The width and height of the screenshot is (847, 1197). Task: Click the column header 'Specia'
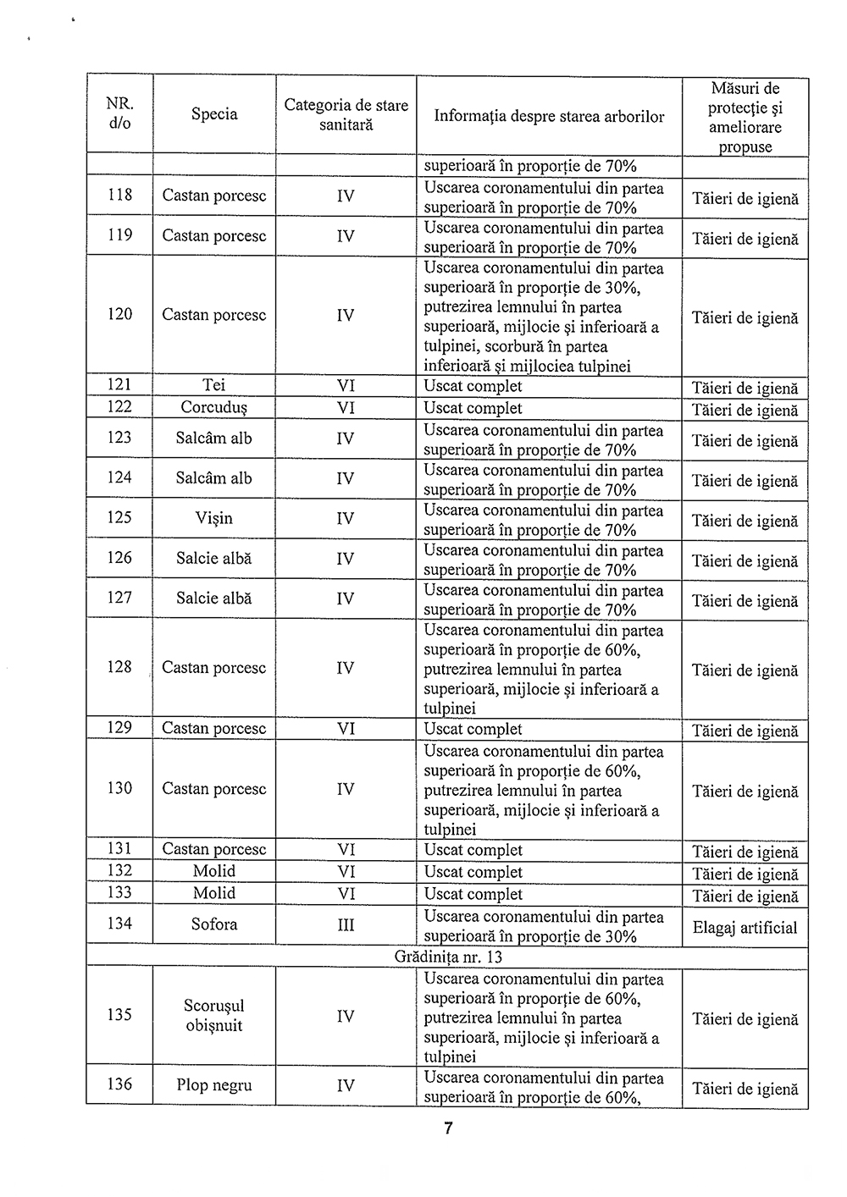point(214,114)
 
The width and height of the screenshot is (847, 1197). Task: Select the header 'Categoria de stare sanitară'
point(346,114)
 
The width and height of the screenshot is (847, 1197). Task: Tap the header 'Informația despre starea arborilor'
point(549,116)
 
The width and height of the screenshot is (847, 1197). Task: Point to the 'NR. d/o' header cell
point(119,113)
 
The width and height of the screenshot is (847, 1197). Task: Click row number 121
point(119,386)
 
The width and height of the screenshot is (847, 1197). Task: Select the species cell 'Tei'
point(214,386)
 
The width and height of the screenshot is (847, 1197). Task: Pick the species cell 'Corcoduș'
point(214,407)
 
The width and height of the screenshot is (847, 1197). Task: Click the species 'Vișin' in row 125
point(214,518)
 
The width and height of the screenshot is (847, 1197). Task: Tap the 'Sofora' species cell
point(214,924)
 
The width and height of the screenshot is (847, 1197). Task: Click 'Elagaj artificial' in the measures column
point(745,928)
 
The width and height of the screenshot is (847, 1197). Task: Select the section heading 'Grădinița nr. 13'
point(448,957)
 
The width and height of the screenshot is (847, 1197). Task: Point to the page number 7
point(448,1128)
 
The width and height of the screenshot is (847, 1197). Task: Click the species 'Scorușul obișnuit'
point(214,1016)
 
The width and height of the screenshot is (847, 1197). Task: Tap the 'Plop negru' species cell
point(214,1085)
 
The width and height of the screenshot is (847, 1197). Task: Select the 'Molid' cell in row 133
point(214,893)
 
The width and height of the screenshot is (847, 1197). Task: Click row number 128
point(119,667)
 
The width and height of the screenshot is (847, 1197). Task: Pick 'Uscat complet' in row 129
point(473,729)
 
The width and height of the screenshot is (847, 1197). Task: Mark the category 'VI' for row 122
point(346,408)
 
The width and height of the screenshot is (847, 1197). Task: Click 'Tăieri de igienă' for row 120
point(745,318)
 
